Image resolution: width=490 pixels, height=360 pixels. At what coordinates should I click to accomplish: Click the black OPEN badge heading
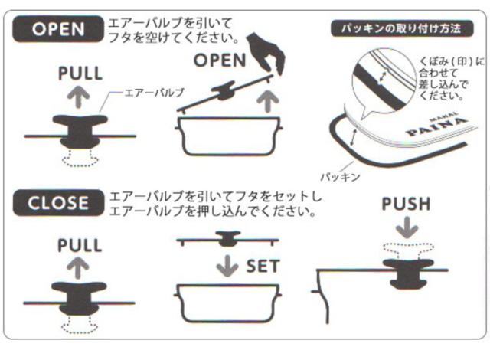(x=58, y=29)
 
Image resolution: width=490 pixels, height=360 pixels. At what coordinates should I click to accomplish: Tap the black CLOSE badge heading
(x=58, y=203)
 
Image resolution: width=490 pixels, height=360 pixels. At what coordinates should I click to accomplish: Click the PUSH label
(x=407, y=204)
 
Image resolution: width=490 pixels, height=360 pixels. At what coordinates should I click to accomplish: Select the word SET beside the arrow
(x=262, y=267)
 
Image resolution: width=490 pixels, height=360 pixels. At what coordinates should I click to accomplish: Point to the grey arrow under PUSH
(x=407, y=227)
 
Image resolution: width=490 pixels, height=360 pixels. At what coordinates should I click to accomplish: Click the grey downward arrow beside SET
(x=227, y=266)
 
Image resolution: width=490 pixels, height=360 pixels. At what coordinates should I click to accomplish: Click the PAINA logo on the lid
(x=437, y=126)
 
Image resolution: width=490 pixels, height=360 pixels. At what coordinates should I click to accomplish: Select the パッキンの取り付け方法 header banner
(x=402, y=29)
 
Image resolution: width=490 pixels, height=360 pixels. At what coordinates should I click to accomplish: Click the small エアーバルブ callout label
(x=154, y=93)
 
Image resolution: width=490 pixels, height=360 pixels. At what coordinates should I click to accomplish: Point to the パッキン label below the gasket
(x=341, y=177)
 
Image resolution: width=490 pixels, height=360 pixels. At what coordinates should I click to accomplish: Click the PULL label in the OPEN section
(x=80, y=74)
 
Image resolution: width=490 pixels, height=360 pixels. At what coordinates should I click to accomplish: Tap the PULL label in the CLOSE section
(x=80, y=245)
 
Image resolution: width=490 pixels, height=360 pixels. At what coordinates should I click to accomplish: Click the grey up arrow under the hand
(x=267, y=100)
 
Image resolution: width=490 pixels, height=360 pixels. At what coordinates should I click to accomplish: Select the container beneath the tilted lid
(x=229, y=136)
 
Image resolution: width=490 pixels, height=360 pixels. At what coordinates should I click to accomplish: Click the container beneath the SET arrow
(x=228, y=303)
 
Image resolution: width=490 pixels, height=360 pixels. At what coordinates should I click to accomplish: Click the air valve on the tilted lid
(x=224, y=91)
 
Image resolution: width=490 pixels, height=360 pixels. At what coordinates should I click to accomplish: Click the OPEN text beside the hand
(x=220, y=61)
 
